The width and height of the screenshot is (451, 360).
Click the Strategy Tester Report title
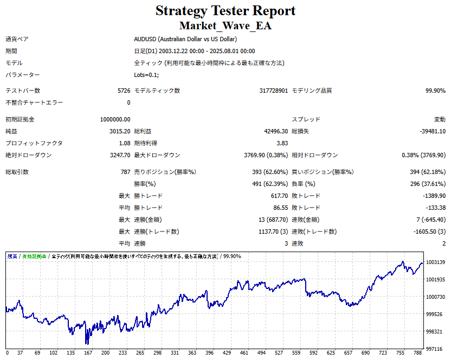point(225,11)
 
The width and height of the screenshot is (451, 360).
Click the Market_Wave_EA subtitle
point(225,25)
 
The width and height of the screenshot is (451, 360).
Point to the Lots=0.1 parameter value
point(146,75)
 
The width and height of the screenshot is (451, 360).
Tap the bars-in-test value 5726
point(124,91)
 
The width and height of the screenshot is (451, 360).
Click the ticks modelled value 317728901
point(274,91)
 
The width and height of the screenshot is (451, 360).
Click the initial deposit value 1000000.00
point(115,119)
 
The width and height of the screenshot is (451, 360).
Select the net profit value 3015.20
point(119,131)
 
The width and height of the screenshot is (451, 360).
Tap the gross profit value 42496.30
point(275,131)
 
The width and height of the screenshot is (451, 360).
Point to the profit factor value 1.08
point(124,143)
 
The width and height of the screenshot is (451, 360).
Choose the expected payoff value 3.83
point(282,143)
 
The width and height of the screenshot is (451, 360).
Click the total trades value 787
point(125,172)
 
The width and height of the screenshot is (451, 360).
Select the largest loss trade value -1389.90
point(434,196)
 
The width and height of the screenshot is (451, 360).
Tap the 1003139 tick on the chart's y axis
point(436,262)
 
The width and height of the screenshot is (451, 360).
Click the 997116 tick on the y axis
point(434,349)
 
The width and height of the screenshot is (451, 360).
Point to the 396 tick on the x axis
point(210,353)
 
